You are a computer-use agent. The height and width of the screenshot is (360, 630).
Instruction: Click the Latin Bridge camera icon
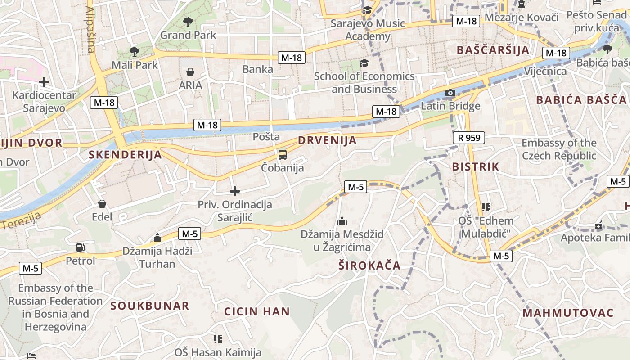[x=450, y=93]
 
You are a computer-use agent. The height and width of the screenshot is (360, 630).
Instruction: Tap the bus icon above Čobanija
[x=282, y=155]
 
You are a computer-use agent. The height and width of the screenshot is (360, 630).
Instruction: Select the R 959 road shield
[x=468, y=137]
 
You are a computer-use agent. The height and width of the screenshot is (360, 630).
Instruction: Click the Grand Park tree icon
[x=188, y=21]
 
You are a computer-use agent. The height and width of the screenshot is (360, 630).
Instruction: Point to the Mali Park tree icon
[x=134, y=51]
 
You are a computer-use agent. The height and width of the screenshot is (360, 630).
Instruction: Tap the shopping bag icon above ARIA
[x=190, y=72]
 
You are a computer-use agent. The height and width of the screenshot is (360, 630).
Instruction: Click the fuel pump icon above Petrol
[x=81, y=247]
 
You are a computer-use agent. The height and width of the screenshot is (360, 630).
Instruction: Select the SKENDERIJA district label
[x=125, y=155]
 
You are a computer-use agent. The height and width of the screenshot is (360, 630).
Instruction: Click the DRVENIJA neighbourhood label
[x=327, y=140]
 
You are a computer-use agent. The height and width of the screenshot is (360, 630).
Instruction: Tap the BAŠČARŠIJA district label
[x=493, y=50]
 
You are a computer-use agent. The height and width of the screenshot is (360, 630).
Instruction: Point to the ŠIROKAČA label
[x=369, y=265]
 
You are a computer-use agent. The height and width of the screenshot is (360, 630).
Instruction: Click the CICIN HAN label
[x=257, y=311]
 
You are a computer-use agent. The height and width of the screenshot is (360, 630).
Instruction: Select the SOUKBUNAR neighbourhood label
[x=150, y=306]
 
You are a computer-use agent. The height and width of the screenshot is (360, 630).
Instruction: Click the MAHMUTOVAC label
[x=568, y=313]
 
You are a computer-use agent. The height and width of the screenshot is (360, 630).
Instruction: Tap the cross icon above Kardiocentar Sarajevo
[x=44, y=82]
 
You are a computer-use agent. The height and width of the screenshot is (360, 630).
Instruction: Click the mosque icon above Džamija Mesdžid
[x=342, y=221]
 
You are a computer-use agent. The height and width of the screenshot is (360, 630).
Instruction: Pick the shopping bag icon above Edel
[x=102, y=204]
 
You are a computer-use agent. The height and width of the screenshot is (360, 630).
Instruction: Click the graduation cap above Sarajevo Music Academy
[x=367, y=10]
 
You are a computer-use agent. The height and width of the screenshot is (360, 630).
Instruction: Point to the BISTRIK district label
[x=476, y=166]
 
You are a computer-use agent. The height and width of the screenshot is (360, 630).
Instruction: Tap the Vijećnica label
[x=545, y=71]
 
